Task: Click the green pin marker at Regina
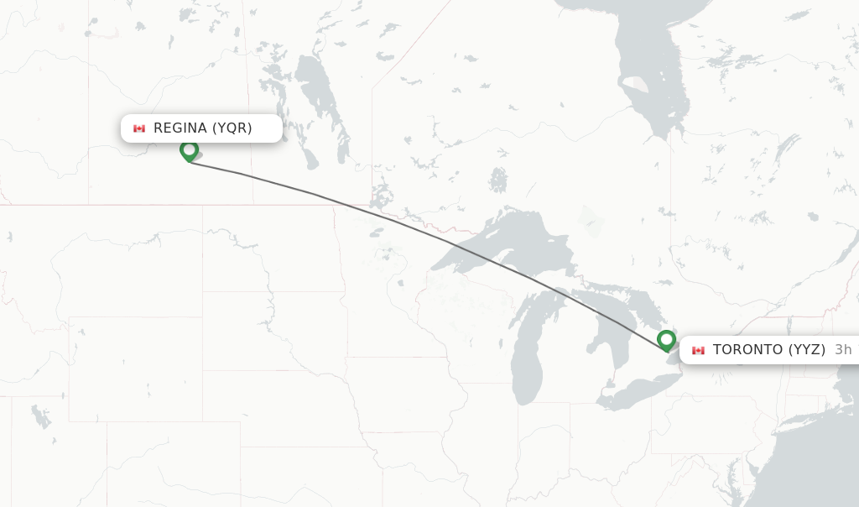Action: tap(190, 150)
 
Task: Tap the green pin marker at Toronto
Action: tap(667, 340)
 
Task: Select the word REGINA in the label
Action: tap(180, 128)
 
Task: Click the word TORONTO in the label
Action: tap(748, 350)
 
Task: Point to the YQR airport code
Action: tap(232, 128)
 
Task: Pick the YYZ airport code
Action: tap(807, 350)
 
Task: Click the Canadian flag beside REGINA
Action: tap(139, 128)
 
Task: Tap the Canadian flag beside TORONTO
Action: tap(698, 350)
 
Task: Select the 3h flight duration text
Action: tap(843, 350)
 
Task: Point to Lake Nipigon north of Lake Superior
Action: tap(498, 180)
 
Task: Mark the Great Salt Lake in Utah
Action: tap(39, 416)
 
